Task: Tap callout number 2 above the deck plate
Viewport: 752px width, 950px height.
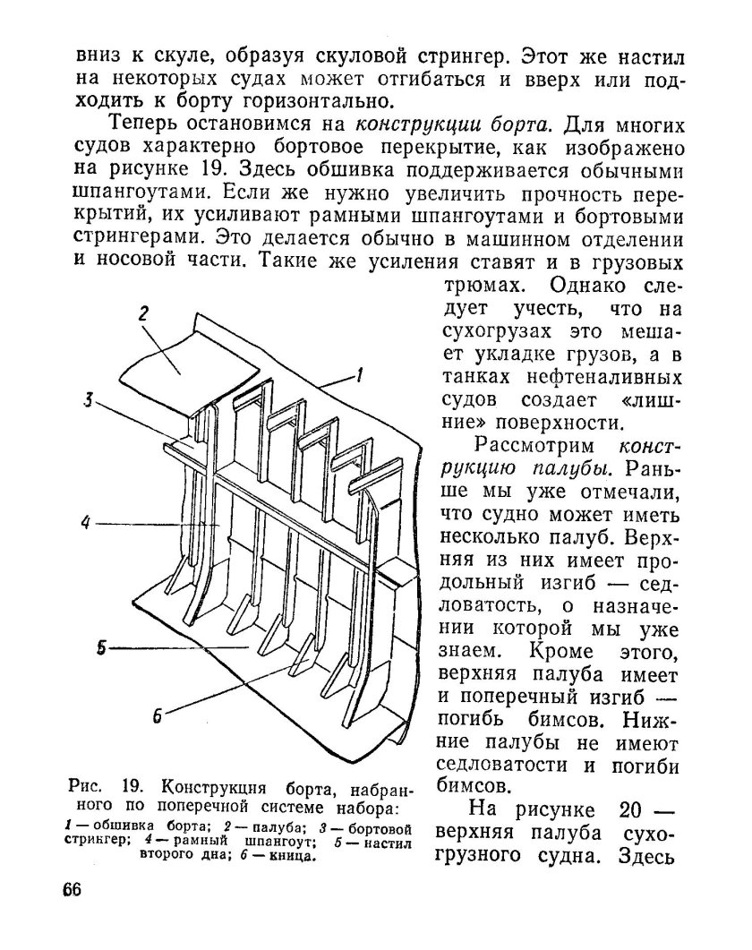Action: [142, 313]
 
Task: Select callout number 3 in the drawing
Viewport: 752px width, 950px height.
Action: [89, 400]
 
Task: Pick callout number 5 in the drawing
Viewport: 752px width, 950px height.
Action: [102, 646]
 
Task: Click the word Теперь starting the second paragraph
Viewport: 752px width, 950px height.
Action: [150, 123]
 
